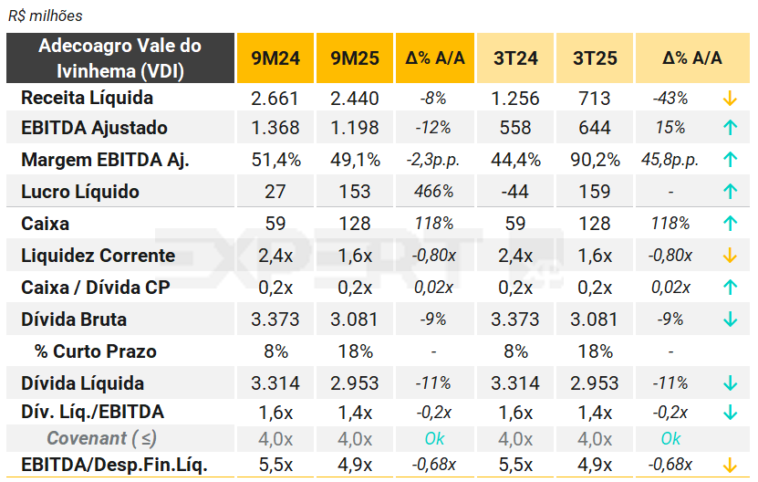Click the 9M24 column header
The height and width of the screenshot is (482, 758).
coord(275,58)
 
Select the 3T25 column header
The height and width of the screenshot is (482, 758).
coord(595,58)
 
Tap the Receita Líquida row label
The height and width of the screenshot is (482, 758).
coord(87,98)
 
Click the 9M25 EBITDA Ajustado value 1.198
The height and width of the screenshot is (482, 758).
coord(355,128)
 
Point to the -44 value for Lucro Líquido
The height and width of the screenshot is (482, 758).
coord(514,192)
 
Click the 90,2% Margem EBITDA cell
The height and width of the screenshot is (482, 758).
coord(595,160)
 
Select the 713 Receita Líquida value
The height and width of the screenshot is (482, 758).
coord(595,98)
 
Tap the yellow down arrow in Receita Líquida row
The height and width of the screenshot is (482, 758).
coord(729,98)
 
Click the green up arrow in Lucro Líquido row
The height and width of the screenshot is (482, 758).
coord(729,192)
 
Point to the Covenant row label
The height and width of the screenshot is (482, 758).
coord(101,438)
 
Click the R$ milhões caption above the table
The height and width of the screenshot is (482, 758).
coord(45,16)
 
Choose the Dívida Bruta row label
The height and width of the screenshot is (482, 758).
coord(74,320)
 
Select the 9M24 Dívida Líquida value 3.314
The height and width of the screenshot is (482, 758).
coord(275,383)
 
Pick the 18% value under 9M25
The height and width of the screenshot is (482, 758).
coord(355,351)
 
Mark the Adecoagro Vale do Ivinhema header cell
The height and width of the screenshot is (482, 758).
coord(119,58)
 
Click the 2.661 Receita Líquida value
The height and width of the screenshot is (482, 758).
coord(275,98)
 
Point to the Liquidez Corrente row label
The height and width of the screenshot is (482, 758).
coord(98,256)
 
